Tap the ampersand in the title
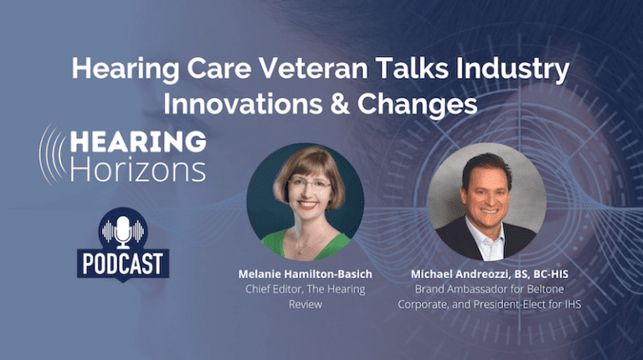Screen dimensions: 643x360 pyautogui.click(x=339, y=104)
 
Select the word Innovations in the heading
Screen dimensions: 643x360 pyautogui.click(x=243, y=104)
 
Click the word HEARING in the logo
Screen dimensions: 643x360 pyautogui.click(x=138, y=141)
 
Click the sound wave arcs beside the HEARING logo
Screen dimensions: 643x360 pyautogui.click(x=52, y=155)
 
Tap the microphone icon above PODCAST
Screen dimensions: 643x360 pyautogui.click(x=122, y=232)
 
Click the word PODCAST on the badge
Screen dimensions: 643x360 pyautogui.click(x=123, y=264)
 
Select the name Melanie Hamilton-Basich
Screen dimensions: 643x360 pyautogui.click(x=305, y=274)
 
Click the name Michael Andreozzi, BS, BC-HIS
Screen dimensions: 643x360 pyautogui.click(x=490, y=274)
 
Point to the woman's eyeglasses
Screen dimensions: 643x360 pyautogui.click(x=309, y=183)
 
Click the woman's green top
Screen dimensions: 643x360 pyautogui.click(x=306, y=245)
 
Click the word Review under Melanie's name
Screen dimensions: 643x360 pyautogui.click(x=305, y=304)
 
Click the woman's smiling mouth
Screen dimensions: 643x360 pyautogui.click(x=307, y=203)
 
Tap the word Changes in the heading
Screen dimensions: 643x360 pyautogui.click(x=418, y=105)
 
